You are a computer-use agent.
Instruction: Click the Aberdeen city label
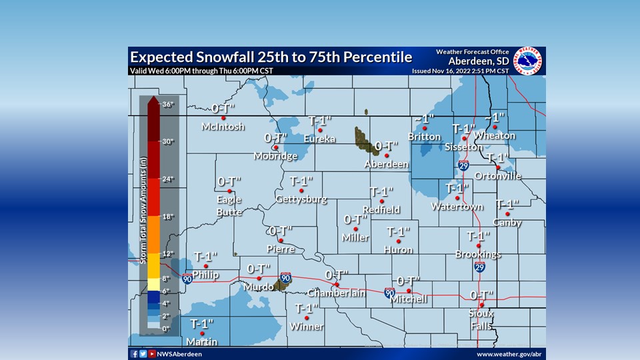386,164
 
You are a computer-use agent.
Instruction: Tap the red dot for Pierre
281,241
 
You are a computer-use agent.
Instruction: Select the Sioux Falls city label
480,319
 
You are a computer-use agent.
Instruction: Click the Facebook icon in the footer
134,354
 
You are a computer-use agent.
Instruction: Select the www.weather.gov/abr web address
509,354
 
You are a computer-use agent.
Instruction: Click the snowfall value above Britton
423,119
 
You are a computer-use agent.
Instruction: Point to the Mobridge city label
275,156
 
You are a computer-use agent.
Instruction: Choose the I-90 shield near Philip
187,277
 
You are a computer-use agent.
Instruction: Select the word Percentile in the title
378,57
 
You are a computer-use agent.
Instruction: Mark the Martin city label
202,342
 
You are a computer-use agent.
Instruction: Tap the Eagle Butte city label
229,205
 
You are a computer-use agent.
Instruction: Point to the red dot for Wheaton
495,126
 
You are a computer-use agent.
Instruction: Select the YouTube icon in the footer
152,354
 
